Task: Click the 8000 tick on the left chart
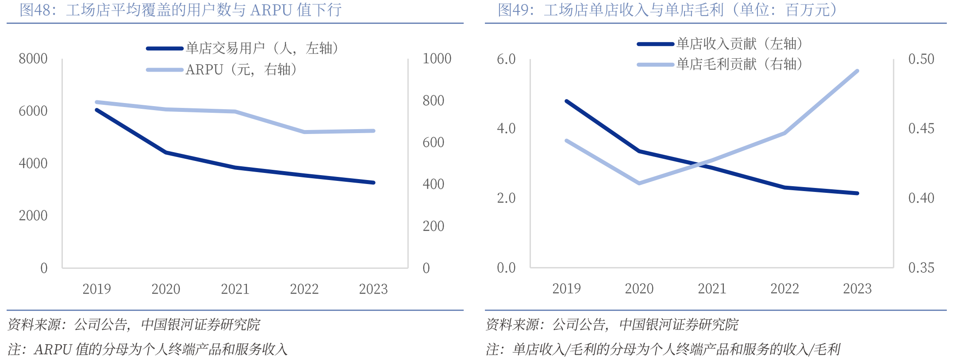pyautogui.click(x=33, y=58)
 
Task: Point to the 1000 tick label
pyautogui.click(x=437, y=58)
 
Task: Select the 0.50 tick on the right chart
pyautogui.click(x=921, y=59)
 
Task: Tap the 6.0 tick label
pyautogui.click(x=506, y=59)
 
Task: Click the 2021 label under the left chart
pyautogui.click(x=235, y=289)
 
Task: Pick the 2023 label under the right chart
pyautogui.click(x=857, y=289)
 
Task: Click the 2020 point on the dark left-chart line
pyautogui.click(x=166, y=152)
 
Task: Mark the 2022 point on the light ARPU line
pyautogui.click(x=304, y=132)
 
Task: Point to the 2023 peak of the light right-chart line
pyautogui.click(x=857, y=71)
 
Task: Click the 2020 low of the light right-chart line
pyautogui.click(x=639, y=183)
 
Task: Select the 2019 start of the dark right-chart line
pyautogui.click(x=567, y=101)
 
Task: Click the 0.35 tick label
pyautogui.click(x=921, y=268)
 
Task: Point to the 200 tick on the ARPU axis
pyautogui.click(x=433, y=226)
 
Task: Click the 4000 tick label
pyautogui.click(x=33, y=163)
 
